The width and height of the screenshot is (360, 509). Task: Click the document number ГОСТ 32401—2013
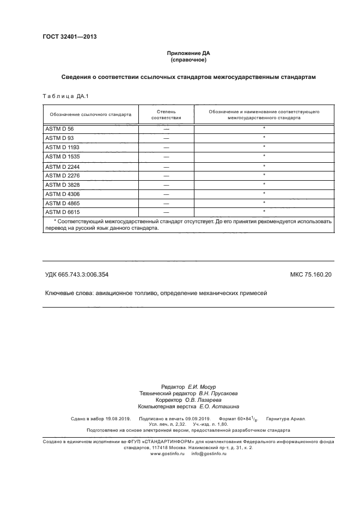tap(70, 37)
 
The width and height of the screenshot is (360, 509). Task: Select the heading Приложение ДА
tap(188, 53)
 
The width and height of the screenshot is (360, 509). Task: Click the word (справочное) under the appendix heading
tap(188, 60)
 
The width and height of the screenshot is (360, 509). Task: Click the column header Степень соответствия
tap(166, 114)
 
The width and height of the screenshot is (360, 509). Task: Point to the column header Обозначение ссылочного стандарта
tap(90, 114)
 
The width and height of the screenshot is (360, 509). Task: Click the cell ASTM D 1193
tap(62, 147)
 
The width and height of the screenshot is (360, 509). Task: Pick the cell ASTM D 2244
tap(62, 166)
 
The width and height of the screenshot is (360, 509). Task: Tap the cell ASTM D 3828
tap(62, 185)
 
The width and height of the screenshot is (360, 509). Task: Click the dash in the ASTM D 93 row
tap(166, 138)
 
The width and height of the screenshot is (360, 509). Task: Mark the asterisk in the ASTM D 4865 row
tap(264, 202)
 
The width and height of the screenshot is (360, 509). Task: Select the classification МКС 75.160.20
tap(310, 275)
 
